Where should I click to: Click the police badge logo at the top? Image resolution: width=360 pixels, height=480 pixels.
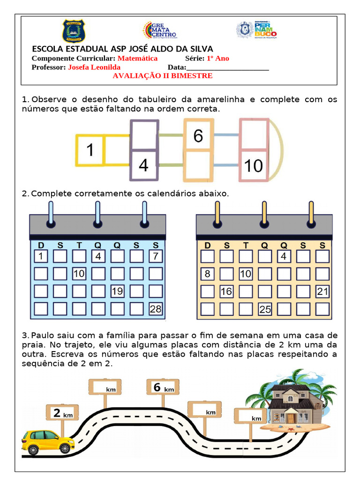74,31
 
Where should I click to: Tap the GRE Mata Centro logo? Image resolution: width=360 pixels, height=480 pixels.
159,30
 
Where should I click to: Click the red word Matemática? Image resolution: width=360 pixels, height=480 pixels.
137,59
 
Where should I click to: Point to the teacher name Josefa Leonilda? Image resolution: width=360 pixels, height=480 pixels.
94,67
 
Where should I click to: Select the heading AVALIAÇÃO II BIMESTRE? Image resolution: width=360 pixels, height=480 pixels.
163,76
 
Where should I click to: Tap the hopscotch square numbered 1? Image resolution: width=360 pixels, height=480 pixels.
90,150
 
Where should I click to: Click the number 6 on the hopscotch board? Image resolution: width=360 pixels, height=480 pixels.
198,136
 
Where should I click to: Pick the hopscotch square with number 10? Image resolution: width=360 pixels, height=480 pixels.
254,165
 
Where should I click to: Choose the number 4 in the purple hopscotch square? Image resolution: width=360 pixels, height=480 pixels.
143,165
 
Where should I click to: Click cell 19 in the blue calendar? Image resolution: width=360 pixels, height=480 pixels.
117,292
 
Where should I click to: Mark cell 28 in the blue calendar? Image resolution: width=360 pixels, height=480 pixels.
156,309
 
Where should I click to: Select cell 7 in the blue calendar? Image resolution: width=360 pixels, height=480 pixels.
156,256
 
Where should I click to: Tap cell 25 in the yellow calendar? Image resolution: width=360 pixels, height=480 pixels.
265,309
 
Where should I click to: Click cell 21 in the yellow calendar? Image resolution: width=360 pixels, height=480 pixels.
322,292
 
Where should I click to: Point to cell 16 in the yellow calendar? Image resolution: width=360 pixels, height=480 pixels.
226,292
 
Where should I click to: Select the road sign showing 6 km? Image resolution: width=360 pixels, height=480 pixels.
162,388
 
